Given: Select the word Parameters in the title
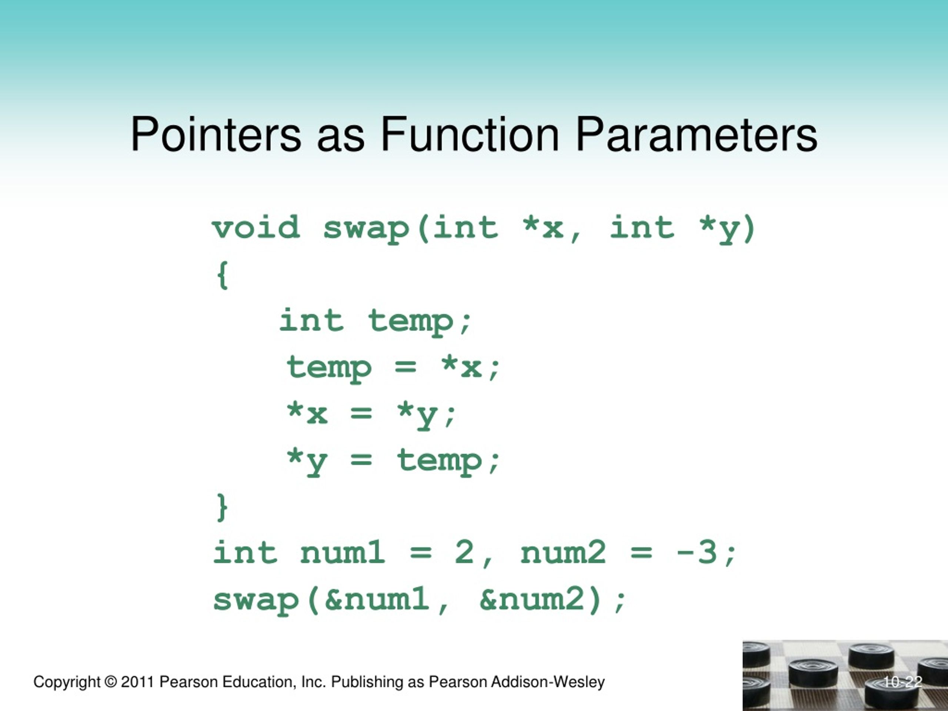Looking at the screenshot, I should pyautogui.click(x=697, y=136).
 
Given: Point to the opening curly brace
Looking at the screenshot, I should pyautogui.click(x=223, y=275).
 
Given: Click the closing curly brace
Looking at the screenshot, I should pyautogui.click(x=222, y=507).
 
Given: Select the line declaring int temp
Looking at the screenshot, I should pyautogui.click(x=375, y=321).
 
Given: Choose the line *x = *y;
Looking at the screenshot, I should pyautogui.click(x=371, y=414).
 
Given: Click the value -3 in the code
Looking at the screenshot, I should pyautogui.click(x=696, y=553).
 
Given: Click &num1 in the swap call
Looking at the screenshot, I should pyautogui.click(x=377, y=600).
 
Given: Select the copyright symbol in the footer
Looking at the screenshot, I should pyautogui.click(x=111, y=682).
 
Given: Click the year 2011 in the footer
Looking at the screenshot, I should pyautogui.click(x=137, y=682).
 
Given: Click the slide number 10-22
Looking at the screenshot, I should pyautogui.click(x=902, y=682).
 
